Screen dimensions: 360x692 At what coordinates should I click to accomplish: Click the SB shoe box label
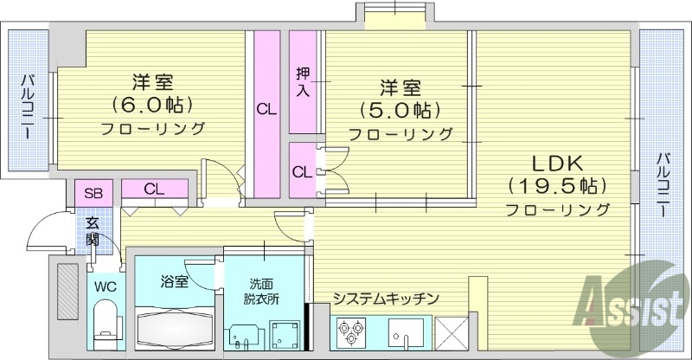(x=93, y=192)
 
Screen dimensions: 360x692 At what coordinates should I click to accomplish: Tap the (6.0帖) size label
(x=153, y=106)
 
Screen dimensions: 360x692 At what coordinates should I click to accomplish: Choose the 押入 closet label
(x=303, y=80)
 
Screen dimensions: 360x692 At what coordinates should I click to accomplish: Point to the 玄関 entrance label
(x=93, y=231)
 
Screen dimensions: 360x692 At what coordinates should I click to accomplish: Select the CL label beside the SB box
(x=155, y=189)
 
